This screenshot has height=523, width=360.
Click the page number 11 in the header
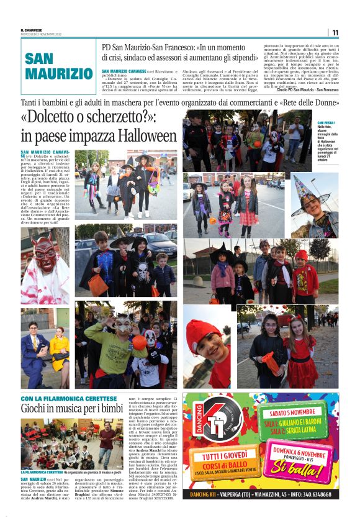point(335,32)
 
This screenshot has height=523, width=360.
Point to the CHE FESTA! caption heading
point(326,123)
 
